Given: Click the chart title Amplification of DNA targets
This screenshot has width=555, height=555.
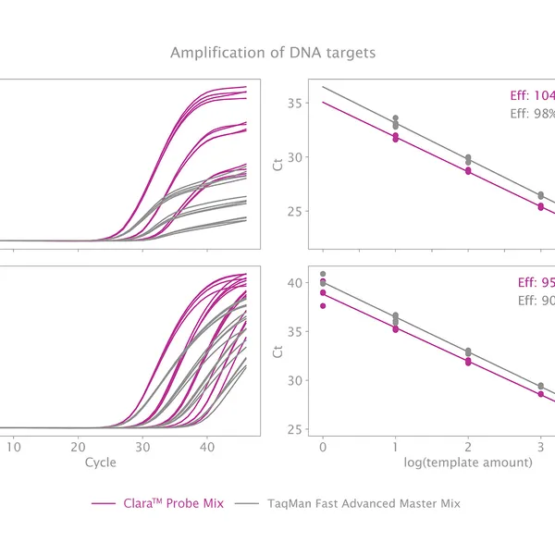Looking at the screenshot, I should [x=273, y=53].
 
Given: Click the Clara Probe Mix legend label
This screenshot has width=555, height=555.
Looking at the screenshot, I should [x=173, y=503].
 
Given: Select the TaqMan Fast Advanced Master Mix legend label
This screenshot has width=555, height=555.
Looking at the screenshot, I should [x=364, y=503].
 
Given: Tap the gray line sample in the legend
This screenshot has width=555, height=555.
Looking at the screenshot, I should [x=246, y=503].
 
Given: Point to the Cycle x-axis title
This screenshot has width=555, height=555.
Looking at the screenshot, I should [x=100, y=461].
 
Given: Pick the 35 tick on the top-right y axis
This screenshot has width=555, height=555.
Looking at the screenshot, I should [x=293, y=103].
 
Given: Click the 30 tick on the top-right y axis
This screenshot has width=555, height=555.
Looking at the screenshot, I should [x=293, y=157].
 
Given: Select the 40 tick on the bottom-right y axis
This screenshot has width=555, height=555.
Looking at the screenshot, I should [x=293, y=282].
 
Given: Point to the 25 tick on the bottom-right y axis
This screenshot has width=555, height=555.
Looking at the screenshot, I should [x=293, y=429].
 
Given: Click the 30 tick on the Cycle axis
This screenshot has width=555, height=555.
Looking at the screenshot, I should [x=142, y=445].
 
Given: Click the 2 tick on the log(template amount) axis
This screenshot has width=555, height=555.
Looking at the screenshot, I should [x=468, y=446].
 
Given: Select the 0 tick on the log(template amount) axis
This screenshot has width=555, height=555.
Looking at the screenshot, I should [x=322, y=446].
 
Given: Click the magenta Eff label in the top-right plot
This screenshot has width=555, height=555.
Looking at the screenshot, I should [x=532, y=96].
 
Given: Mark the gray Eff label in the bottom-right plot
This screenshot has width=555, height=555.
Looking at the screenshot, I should [x=535, y=300].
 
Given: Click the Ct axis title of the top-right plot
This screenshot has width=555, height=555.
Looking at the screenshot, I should [x=277, y=166].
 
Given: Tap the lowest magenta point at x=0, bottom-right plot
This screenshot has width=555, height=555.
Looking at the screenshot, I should [x=322, y=305].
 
